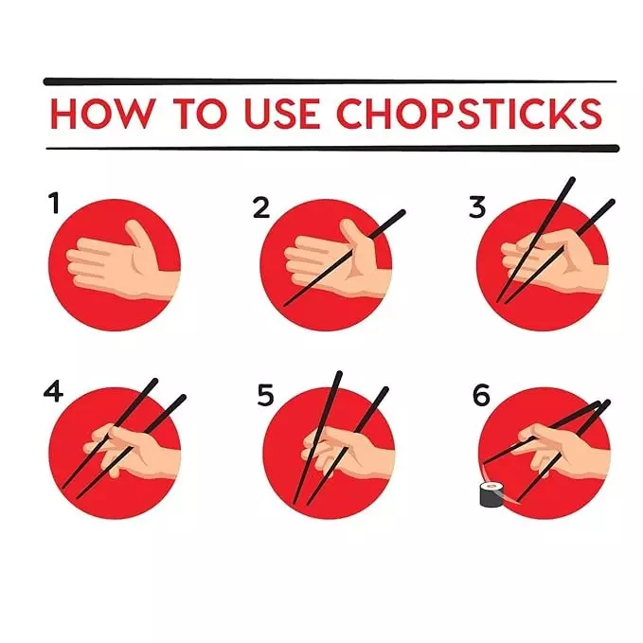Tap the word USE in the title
pos(282,114)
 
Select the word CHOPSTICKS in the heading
pos(470,114)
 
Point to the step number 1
pos(55,204)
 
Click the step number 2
pos(261,207)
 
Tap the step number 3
pos(477,207)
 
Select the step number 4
pos(53,391)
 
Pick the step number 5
pos(265,395)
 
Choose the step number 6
pos(481,395)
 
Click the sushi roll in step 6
pos(491,494)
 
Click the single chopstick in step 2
pos(345,258)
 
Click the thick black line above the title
pos(330,81)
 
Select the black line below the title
pos(332,148)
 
